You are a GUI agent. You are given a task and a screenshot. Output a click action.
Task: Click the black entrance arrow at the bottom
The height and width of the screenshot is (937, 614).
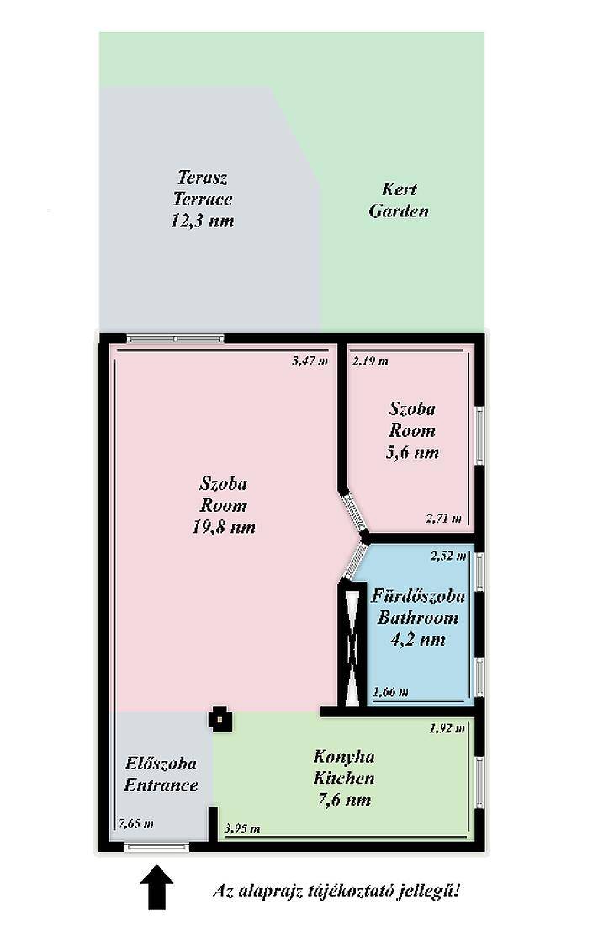[156, 886]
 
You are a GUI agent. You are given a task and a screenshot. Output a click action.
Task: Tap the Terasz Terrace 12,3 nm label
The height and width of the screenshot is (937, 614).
[203, 199]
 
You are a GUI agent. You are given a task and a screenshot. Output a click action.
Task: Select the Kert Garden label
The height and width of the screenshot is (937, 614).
[399, 200]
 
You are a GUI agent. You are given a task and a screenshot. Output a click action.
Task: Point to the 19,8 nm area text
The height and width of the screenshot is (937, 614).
[224, 527]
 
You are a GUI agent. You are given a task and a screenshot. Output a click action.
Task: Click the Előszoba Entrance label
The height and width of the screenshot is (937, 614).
[161, 774]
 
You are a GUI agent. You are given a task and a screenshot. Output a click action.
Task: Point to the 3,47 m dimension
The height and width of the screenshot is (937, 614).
[310, 361]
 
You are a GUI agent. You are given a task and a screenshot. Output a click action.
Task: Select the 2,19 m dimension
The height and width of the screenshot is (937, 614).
[370, 361]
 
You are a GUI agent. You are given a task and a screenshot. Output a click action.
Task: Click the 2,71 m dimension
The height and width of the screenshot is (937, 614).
[444, 518]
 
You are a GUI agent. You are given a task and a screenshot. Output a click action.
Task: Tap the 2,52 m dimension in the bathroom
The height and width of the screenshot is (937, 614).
[448, 556]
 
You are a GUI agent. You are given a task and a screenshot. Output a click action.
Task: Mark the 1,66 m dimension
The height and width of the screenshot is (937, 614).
[390, 692]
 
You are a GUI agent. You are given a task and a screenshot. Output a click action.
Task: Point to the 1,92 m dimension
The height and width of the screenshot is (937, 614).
[447, 728]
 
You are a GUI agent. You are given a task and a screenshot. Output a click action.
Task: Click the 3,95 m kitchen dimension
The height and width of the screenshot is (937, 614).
[242, 828]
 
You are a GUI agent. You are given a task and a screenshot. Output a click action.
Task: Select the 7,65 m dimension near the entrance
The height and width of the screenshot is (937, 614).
[136, 823]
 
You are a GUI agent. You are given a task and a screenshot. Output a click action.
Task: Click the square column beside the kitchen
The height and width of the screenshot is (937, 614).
[220, 719]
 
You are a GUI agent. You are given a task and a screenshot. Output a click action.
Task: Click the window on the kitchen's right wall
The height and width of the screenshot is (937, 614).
[479, 781]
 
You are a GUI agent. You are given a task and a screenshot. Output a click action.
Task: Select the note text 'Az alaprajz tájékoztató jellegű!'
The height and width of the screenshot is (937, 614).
[337, 891]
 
